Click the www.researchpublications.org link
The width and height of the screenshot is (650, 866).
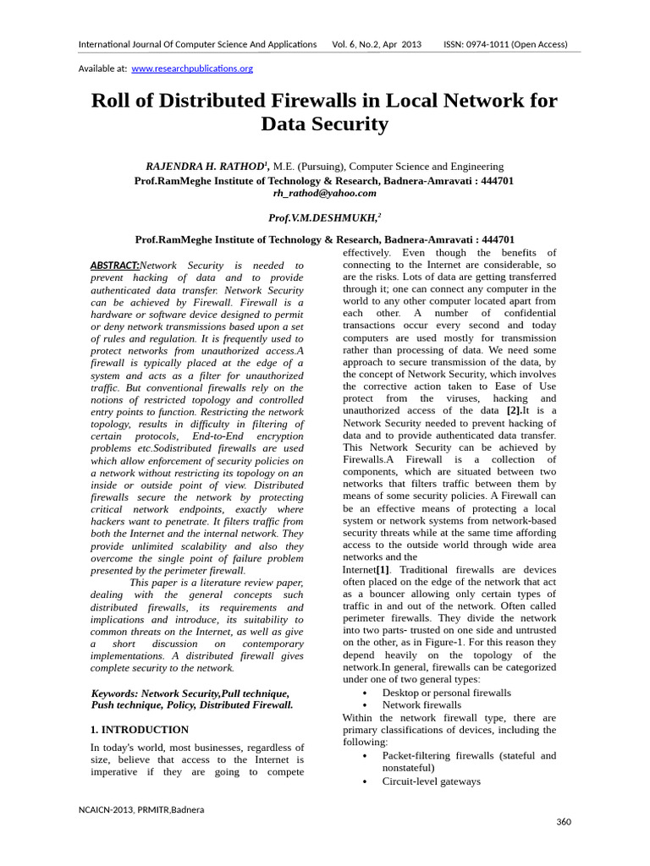point(191,69)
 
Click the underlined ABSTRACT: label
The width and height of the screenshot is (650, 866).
point(114,266)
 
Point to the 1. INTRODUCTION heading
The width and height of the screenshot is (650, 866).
point(139,729)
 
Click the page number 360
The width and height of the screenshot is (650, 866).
point(564,822)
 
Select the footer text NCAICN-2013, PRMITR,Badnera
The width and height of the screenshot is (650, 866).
point(141,809)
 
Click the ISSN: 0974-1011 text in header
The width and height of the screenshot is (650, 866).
point(505,44)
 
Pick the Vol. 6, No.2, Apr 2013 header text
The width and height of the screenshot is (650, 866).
point(377,44)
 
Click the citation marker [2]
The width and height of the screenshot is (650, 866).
point(515,411)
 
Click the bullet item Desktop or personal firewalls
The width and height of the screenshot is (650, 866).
point(446,693)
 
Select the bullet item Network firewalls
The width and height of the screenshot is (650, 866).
point(421,704)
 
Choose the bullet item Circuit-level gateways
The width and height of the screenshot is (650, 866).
point(431,781)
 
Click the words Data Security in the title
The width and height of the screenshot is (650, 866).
point(324,125)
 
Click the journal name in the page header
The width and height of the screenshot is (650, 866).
point(197,44)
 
